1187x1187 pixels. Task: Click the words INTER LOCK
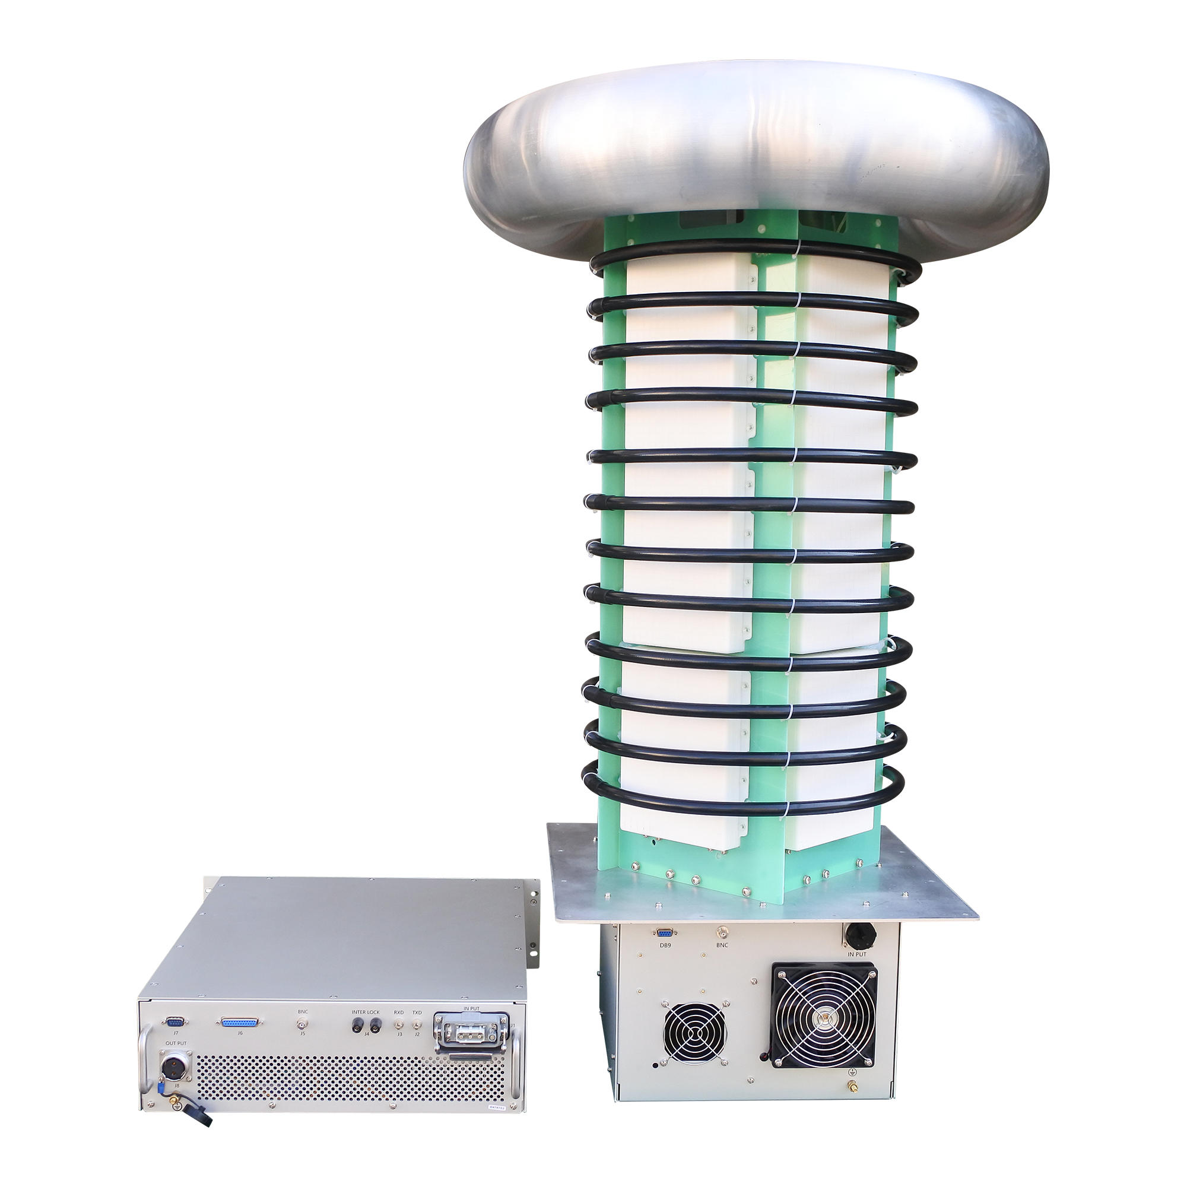(366, 1012)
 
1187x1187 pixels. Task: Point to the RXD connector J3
(399, 1024)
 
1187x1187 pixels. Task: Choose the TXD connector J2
(417, 1024)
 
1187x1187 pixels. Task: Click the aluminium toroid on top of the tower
(756, 160)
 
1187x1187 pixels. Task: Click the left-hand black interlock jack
(356, 1025)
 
